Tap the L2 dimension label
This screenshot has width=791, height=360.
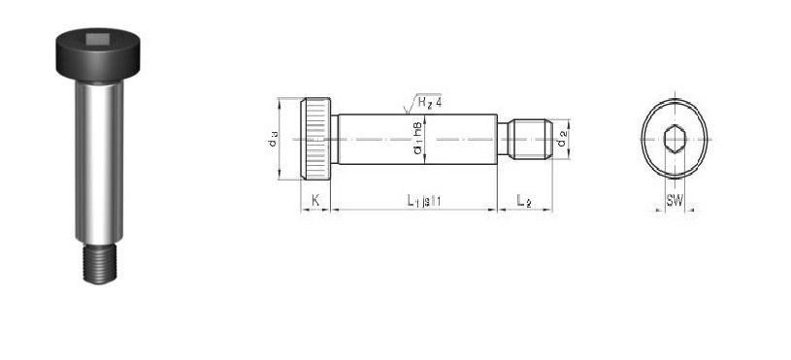(x=524, y=200)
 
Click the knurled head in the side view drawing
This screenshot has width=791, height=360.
(x=317, y=139)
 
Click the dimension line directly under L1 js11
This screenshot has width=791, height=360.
(x=415, y=210)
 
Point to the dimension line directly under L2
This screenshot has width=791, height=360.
(x=524, y=210)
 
